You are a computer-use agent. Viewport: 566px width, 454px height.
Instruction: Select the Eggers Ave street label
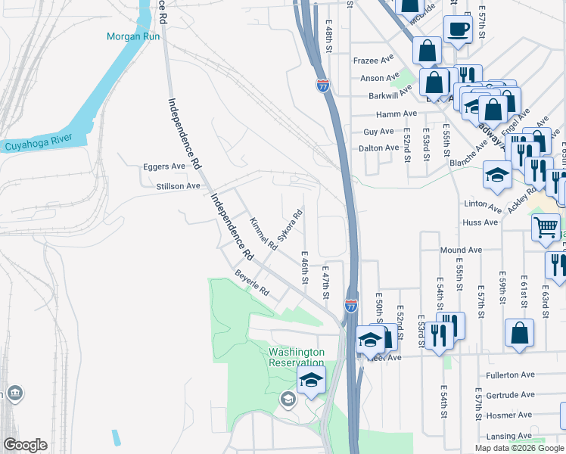coord(164,166)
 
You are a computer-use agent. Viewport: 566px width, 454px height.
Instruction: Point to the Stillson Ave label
coord(178,185)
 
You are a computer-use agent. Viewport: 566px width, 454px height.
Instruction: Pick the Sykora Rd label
coord(290,225)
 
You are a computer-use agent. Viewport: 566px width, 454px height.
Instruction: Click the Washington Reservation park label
coord(297,357)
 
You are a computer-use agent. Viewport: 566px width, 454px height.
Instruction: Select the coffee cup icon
coord(457,30)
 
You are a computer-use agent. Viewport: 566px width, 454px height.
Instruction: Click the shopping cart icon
coord(546,226)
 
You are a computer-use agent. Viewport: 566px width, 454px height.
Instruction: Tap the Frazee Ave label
coord(374,60)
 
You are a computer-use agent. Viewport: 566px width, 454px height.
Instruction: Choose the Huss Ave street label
coord(480,222)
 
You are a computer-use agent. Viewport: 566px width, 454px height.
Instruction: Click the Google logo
coord(25,445)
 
